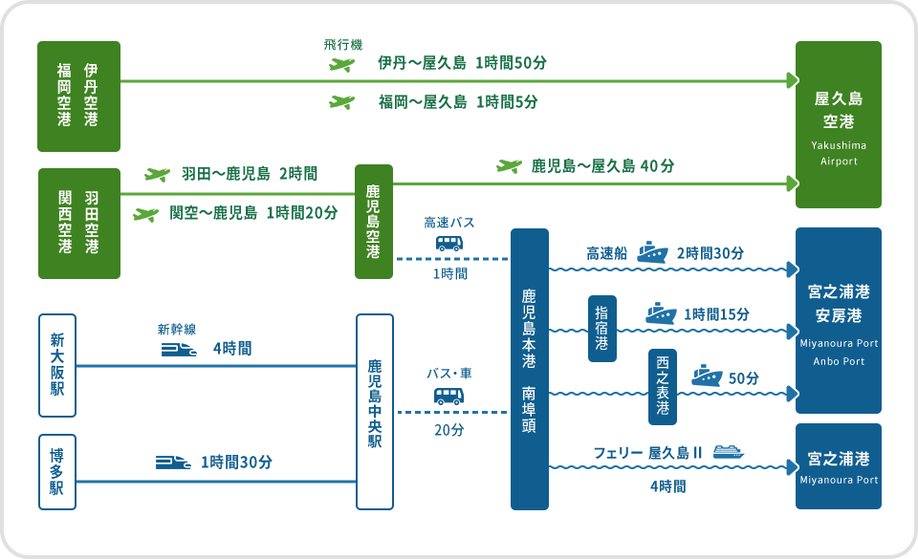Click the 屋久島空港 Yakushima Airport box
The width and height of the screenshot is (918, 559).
pos(839,124)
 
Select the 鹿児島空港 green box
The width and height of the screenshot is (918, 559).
pos(374,222)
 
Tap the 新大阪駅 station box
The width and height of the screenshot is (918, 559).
pos(57,365)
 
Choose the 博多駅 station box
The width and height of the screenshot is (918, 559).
pos(57,473)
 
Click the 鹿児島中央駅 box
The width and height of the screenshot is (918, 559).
pos(374,412)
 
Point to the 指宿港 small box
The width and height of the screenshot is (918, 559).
pos(601,329)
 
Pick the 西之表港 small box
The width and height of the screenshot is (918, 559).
pos(662,386)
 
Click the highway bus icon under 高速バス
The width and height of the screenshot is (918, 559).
pos(449,243)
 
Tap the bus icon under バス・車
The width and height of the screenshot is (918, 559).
pos(448,395)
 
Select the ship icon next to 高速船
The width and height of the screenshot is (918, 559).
pos(652,252)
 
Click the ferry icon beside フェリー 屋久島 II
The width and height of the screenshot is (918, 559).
pos(728,452)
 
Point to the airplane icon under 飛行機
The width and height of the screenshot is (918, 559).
pos(341,64)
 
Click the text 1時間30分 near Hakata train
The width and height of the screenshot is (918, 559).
pos(236,462)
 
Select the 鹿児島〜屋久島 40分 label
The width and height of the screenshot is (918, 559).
pos(602,166)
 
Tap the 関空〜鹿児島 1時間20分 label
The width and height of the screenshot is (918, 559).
pos(253,213)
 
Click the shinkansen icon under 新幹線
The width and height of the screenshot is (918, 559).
pos(179,350)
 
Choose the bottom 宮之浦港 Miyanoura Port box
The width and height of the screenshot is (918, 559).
pos(839,466)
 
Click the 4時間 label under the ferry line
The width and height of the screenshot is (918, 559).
pos(667,486)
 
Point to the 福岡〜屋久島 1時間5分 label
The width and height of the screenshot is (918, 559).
pos(457,101)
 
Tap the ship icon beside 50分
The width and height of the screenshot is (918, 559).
pos(707,376)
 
